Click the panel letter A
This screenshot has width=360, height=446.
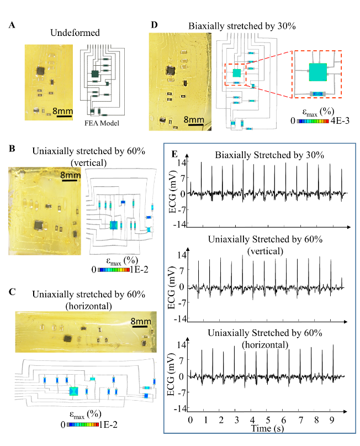tap(11, 24)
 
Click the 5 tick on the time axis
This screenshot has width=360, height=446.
tap(268, 420)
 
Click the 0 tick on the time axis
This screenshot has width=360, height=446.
tap(190, 420)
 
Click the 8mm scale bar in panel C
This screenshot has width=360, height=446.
tap(139, 326)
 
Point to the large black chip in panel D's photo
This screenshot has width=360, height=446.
tap(170, 71)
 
